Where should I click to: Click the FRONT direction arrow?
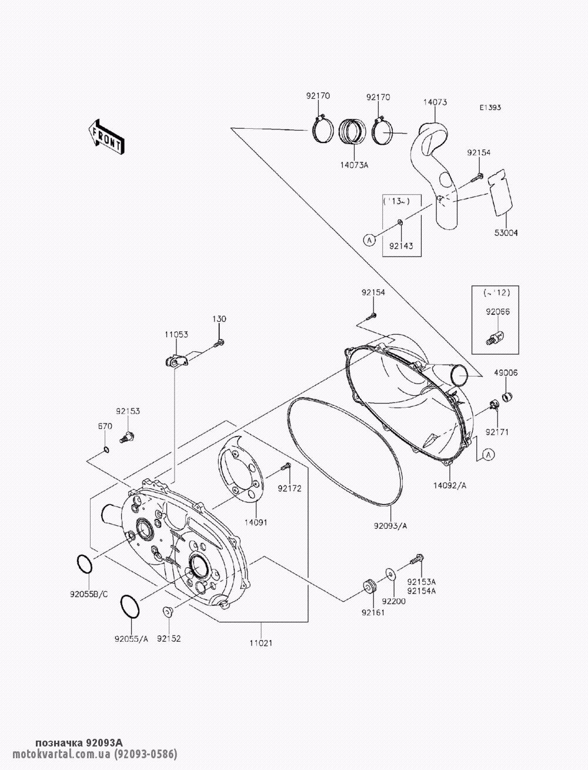(106, 137)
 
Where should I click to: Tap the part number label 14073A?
(354, 165)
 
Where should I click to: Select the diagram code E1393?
(490, 108)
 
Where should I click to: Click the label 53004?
(506, 233)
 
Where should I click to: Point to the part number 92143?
(401, 246)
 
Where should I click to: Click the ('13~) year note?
(397, 201)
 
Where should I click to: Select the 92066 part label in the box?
(497, 312)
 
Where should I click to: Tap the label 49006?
(506, 372)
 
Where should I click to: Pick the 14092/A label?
(450, 486)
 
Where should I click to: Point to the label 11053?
(176, 334)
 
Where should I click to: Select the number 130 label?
(219, 319)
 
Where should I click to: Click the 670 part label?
(105, 426)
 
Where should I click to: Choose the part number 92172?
(290, 489)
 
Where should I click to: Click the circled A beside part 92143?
(369, 240)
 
